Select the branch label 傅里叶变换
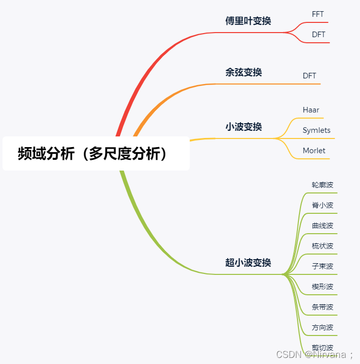tap(248, 21)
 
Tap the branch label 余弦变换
tap(244, 72)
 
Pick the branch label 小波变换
tap(244, 127)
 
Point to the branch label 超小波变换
tap(248, 263)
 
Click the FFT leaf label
tap(318, 14)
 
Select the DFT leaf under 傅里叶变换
tap(318, 35)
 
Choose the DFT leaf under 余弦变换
tap(309, 76)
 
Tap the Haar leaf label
tap(311, 110)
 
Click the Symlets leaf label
tap(316, 130)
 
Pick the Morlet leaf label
tap(314, 151)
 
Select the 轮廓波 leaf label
tap(322, 185)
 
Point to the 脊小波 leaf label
tap(322, 205)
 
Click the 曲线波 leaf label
tap(322, 226)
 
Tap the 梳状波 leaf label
tap(322, 246)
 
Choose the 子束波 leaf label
tap(322, 266)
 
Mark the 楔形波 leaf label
tap(322, 287)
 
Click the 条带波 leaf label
tap(322, 307)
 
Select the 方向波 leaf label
tap(322, 327)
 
